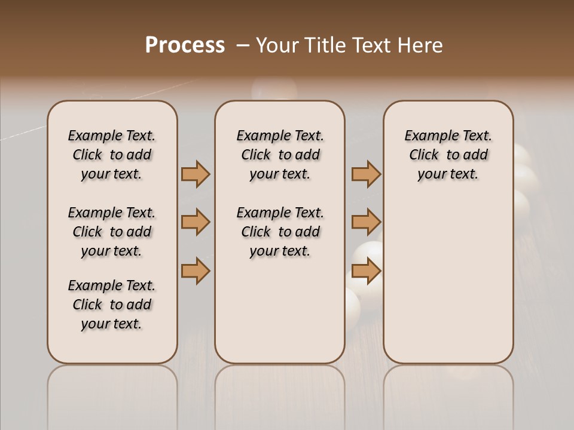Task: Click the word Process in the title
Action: point(185,45)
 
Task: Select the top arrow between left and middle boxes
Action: point(196,174)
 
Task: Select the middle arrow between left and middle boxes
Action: point(196,222)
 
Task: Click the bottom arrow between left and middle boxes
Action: point(196,271)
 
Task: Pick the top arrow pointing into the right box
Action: point(366,174)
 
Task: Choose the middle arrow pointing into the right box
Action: point(366,222)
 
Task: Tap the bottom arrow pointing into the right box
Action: point(366,271)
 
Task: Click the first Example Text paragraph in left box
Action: point(112,155)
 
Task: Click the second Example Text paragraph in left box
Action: point(112,232)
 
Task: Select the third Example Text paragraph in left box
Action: point(112,305)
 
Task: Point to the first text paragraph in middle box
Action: point(280,155)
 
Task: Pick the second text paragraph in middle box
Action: point(280,232)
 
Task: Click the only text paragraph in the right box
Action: point(448,155)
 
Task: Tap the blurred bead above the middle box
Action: point(274,89)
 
